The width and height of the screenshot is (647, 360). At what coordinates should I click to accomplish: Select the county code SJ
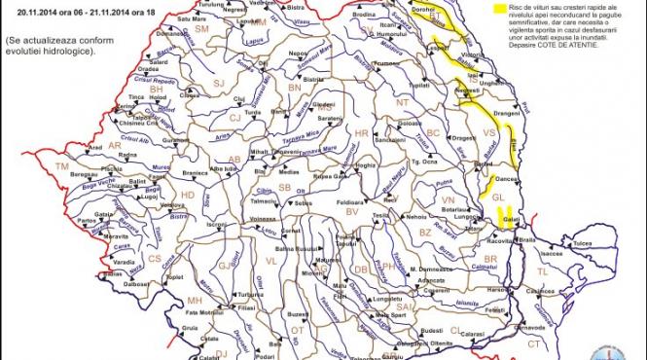[x=218, y=84]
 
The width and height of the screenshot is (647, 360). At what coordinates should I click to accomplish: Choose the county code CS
[x=155, y=258]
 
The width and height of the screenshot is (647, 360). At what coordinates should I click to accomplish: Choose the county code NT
[x=401, y=101]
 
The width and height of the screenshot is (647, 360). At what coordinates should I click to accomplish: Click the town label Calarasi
[x=473, y=333]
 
